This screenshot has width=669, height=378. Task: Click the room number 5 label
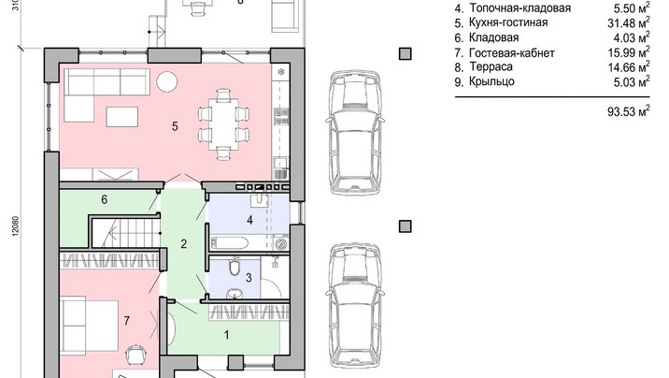(175, 126)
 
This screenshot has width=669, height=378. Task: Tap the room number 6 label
(104, 199)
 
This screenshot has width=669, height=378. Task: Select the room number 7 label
(127, 321)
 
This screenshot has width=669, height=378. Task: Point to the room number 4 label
(249, 220)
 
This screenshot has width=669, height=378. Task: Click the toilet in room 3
(235, 266)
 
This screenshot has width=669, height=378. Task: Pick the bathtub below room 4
(229, 243)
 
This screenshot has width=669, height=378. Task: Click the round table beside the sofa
(166, 81)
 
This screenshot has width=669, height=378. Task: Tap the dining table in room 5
(223, 124)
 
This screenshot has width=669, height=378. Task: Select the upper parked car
(354, 133)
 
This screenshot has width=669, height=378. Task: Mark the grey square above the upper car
(406, 54)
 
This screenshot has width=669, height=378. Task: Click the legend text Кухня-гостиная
(508, 22)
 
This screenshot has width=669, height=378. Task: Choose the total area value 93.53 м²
(629, 111)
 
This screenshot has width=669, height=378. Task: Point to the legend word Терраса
(491, 67)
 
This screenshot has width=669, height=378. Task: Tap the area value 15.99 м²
(629, 52)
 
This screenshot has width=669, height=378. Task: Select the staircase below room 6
(126, 233)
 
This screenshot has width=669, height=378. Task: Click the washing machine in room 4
(281, 244)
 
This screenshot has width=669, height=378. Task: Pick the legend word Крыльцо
(491, 81)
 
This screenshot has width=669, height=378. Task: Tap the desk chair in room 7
(135, 354)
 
